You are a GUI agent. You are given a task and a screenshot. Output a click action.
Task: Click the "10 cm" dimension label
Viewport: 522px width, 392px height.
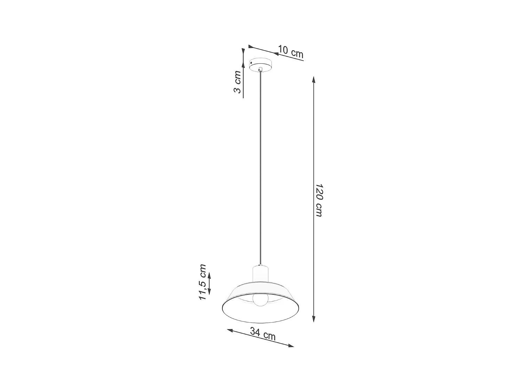click(291, 52)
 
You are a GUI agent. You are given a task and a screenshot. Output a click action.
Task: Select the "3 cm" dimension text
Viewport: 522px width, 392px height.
click(237, 82)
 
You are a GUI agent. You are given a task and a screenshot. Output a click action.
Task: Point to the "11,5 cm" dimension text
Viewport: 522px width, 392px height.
click(202, 282)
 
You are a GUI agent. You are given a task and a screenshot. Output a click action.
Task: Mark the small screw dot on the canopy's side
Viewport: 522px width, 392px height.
click(251, 63)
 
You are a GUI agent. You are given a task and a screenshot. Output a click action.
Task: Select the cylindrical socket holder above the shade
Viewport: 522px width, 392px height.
click(260, 273)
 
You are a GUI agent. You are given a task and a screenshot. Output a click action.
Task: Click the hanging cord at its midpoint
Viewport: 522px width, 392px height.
click(260, 167)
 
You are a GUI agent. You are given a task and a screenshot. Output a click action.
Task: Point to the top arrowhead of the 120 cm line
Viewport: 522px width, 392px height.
click(314, 79)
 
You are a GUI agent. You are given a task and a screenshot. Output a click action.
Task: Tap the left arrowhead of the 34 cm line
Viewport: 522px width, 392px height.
click(230, 330)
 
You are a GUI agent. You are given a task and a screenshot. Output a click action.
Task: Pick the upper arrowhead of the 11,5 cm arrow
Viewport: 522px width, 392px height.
click(209, 275)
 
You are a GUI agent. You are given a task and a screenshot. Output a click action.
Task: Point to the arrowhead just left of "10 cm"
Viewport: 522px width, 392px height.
click(275, 54)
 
